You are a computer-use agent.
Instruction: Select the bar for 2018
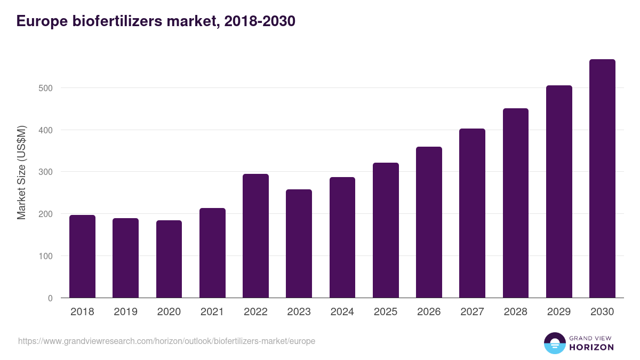tap(82, 257)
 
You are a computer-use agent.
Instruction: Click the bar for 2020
tap(169, 259)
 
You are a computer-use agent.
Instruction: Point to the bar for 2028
tap(515, 203)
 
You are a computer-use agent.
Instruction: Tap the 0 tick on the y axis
tap(50, 298)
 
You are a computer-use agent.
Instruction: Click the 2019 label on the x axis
tap(125, 312)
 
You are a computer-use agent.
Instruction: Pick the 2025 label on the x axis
tap(386, 312)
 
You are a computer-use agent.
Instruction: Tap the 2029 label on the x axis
tap(559, 312)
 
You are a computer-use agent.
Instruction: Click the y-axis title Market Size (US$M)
tap(21, 172)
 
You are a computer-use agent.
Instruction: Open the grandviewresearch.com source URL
tap(166, 341)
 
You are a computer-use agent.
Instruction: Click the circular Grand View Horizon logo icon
tap(554, 343)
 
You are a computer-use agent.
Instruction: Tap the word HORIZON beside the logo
tap(591, 347)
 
